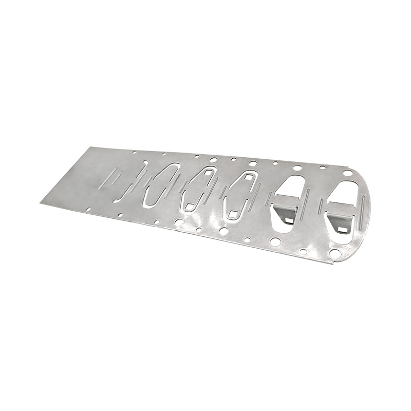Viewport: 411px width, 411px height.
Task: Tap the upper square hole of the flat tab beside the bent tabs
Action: pos(248,178)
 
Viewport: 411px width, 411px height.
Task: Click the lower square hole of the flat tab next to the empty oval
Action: pos(191,207)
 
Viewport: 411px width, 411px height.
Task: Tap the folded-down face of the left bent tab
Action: pos(285,211)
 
